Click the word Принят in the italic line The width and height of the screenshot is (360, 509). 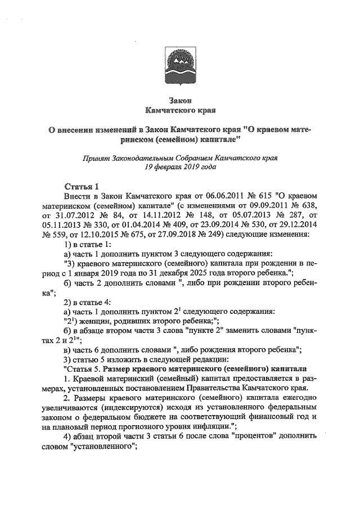[x=95, y=158]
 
